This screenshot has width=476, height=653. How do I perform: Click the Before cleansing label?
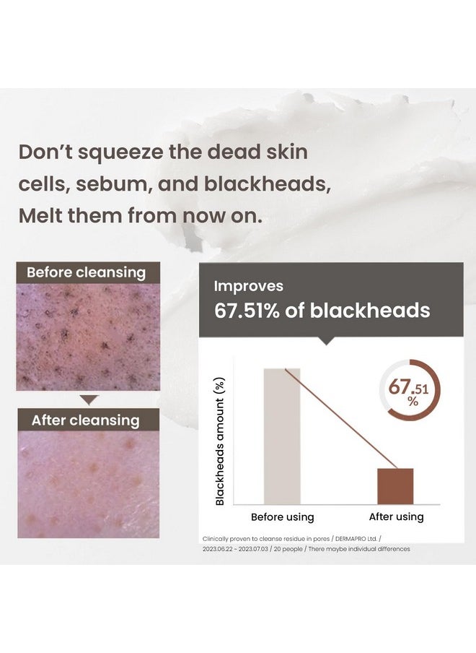click(86, 272)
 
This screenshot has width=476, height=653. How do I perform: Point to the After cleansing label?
click(86, 420)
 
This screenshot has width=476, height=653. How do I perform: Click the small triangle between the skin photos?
click(89, 399)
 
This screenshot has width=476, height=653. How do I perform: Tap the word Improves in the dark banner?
click(249, 286)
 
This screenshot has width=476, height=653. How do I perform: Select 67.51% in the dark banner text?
click(247, 311)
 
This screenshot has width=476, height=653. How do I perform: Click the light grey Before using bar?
click(282, 436)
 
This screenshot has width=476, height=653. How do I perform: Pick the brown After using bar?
click(395, 486)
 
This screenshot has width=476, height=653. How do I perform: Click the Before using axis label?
click(282, 516)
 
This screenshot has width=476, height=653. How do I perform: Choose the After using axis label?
click(396, 516)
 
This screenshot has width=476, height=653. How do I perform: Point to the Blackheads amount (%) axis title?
click(220, 441)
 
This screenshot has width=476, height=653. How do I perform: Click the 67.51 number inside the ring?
click(408, 387)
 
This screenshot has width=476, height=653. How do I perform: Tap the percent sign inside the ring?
click(413, 402)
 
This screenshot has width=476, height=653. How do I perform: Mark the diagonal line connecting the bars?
click(340, 418)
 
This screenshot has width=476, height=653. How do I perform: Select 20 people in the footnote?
click(288, 549)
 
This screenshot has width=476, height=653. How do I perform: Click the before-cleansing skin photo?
click(88, 337)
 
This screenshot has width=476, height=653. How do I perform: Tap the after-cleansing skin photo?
click(89, 484)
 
